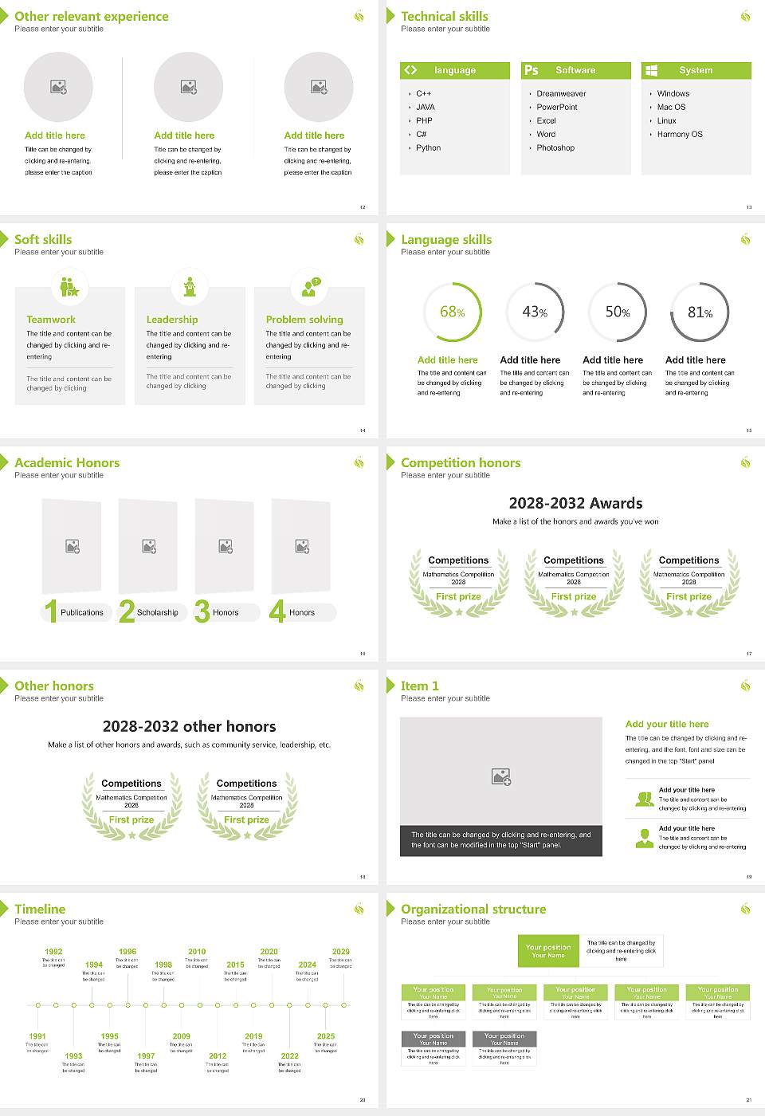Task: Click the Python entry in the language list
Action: tap(428, 148)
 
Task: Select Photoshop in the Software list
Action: tap(555, 148)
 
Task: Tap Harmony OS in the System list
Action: tap(680, 135)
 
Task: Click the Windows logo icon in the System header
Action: tap(651, 70)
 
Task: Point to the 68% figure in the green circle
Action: tap(452, 312)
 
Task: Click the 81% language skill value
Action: tap(700, 312)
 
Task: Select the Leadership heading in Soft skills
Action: tap(172, 320)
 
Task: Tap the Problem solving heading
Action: tap(304, 320)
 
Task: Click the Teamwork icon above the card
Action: tap(69, 286)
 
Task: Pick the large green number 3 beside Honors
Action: tap(202, 611)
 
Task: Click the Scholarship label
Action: tap(157, 613)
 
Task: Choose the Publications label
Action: tap(82, 613)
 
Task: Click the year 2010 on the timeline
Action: tap(197, 952)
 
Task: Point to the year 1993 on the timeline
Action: tap(73, 1056)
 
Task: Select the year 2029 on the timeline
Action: tap(341, 952)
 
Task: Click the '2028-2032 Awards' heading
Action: tap(575, 503)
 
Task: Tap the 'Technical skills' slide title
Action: tap(445, 16)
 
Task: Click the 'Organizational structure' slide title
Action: tap(473, 909)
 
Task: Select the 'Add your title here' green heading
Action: tap(667, 724)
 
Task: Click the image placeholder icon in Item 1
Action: tap(501, 776)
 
